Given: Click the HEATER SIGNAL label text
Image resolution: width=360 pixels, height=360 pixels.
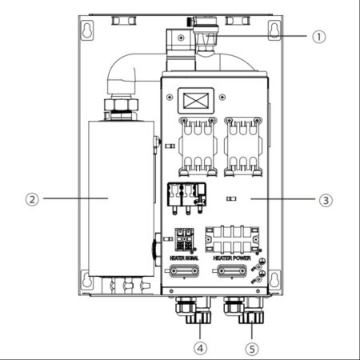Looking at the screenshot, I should (x=184, y=258).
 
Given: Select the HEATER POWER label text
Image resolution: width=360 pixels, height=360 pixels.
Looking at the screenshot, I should (x=233, y=258).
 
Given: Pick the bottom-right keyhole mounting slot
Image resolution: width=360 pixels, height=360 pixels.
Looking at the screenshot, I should (x=274, y=278).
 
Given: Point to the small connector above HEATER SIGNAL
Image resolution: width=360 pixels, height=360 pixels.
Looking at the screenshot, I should (x=184, y=239).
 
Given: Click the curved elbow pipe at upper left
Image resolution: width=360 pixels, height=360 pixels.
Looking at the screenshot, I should (x=120, y=76).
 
